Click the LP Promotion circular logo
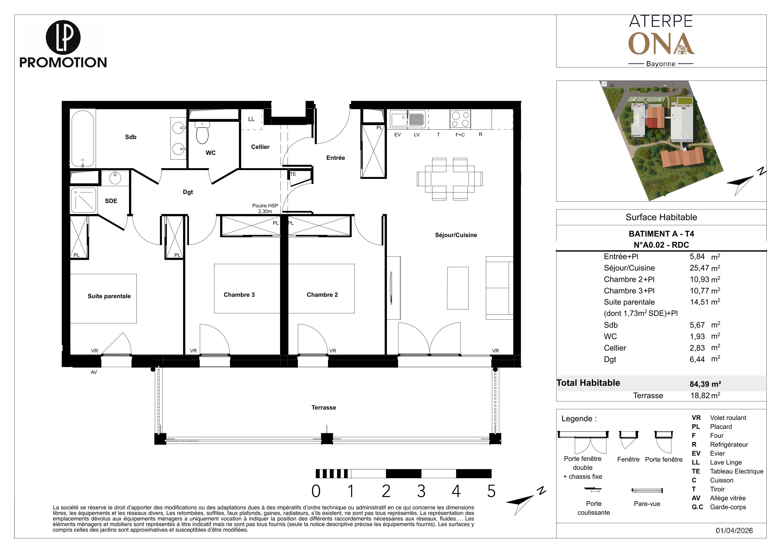click(x=63, y=38)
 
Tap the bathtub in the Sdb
click(x=83, y=138)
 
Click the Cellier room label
click(x=260, y=147)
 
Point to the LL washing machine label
click(x=251, y=119)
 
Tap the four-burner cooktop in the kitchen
click(x=460, y=119)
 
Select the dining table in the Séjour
click(x=450, y=179)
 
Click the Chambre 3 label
click(x=239, y=295)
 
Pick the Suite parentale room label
click(x=109, y=296)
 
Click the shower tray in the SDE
click(x=83, y=200)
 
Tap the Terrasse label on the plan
click(x=324, y=407)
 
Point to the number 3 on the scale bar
click(x=421, y=491)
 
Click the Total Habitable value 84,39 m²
click(x=705, y=384)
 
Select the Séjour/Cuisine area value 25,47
click(x=697, y=268)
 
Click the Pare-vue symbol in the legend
click(x=647, y=490)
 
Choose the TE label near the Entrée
click(x=293, y=174)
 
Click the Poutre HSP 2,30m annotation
click(x=265, y=209)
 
